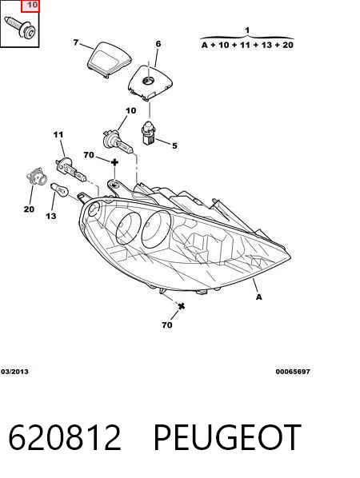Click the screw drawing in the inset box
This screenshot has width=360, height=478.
(20, 27)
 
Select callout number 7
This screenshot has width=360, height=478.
(76, 42)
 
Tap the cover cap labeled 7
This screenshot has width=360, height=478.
(110, 60)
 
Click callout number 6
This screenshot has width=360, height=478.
(158, 44)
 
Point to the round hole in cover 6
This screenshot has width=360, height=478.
(149, 81)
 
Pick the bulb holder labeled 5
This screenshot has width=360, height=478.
(149, 133)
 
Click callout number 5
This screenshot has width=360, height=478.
(174, 145)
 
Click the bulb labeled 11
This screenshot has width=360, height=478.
(71, 169)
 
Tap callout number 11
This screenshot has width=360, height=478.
(58, 134)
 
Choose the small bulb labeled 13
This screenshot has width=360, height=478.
(60, 189)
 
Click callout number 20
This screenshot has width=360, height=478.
(29, 209)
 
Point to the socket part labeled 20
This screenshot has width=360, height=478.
(37, 177)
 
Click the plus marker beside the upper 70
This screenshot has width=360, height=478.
(114, 162)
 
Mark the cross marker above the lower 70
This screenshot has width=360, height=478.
(182, 306)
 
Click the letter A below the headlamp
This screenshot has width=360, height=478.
(258, 297)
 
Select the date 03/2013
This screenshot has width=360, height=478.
(14, 372)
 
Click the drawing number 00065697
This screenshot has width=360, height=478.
(293, 372)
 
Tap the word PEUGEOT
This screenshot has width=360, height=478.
(227, 437)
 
